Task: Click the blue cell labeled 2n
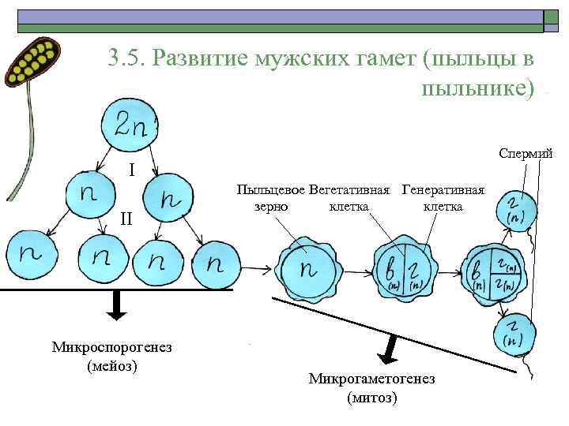[130, 125]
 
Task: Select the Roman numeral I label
[132, 169]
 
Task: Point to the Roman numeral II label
[126, 218]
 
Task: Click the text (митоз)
[372, 398]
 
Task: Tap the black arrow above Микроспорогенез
[116, 305]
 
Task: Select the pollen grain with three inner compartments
[492, 272]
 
